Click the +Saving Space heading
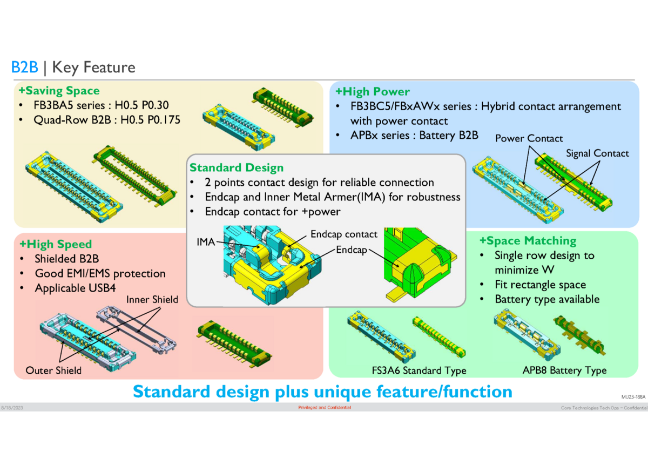[x=59, y=90]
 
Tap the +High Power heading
[x=372, y=91]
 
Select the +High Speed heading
[x=55, y=244]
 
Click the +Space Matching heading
[x=528, y=241]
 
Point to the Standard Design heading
[x=236, y=168]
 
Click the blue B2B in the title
[x=24, y=68]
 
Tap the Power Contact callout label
[x=529, y=138]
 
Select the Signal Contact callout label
[x=597, y=153]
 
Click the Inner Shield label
[x=152, y=300]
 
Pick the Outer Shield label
[x=53, y=371]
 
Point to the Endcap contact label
[x=343, y=234]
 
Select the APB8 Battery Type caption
[x=564, y=371]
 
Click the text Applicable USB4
[x=75, y=288]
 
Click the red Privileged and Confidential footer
[x=324, y=407]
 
